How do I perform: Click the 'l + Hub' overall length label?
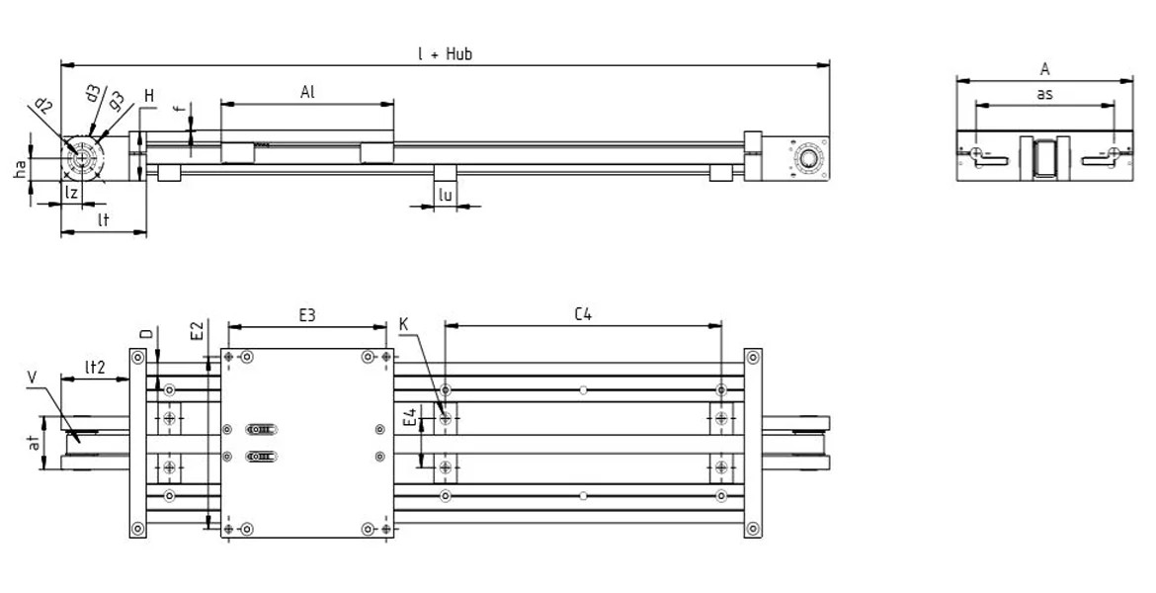(445, 53)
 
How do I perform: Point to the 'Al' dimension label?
(307, 91)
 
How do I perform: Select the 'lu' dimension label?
(446, 196)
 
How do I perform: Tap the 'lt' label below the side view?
(103, 221)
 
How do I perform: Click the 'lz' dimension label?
(71, 193)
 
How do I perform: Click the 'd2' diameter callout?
(44, 106)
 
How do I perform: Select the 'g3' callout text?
(116, 100)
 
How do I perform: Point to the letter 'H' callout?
(148, 95)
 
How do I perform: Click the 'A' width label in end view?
(1044, 69)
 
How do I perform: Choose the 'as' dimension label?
(1043, 94)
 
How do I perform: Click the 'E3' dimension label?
(307, 316)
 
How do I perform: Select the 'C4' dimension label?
(583, 315)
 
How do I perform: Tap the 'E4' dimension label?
(410, 422)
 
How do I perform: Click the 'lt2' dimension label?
(94, 366)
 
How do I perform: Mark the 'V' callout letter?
(34, 378)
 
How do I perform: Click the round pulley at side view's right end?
(809, 159)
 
